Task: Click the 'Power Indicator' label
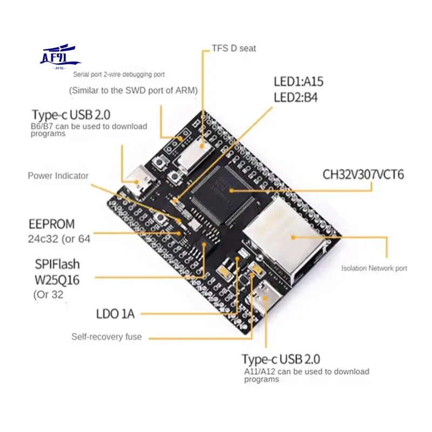[58, 175]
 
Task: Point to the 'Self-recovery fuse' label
[106, 337]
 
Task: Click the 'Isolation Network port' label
[374, 268]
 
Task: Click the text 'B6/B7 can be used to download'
[89, 126]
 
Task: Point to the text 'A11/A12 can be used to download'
[307, 372]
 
